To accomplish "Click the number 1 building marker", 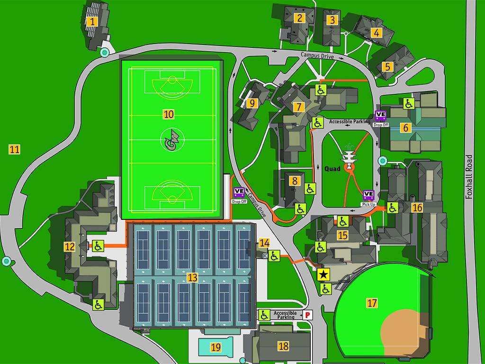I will [92, 21].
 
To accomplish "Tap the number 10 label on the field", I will [169, 114].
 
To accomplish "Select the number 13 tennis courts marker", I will [192, 278].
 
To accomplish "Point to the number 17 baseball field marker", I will [372, 302].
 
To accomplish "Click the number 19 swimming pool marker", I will [216, 347].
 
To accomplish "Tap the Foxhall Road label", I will [469, 177].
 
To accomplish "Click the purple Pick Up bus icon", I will [368, 195].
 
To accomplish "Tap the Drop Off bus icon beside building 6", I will [380, 115].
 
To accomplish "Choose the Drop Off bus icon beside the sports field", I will [239, 192].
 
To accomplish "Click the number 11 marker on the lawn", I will [15, 150].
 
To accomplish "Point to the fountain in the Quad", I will [350, 156].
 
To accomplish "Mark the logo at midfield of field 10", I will [171, 140].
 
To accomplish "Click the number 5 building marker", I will [388, 66].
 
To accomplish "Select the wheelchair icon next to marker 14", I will [274, 256].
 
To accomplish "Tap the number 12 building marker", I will [70, 246].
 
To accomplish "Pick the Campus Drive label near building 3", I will [317, 56].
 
